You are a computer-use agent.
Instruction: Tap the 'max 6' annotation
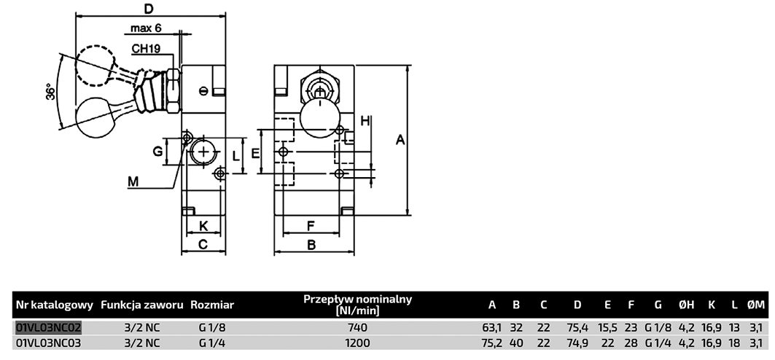click(x=146, y=28)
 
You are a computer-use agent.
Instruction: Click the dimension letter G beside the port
click(x=156, y=152)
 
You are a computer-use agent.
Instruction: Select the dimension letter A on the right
click(x=400, y=141)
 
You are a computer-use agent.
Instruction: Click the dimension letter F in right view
click(x=310, y=225)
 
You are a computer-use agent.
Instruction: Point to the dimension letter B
click(x=311, y=245)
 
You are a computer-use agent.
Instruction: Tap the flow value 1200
click(x=357, y=343)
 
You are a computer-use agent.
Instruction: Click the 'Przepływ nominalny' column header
click(x=357, y=305)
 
